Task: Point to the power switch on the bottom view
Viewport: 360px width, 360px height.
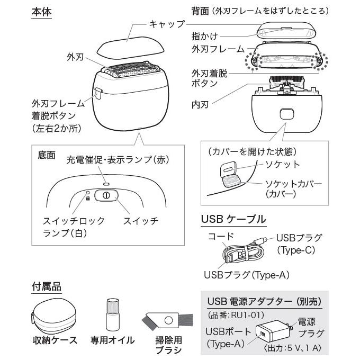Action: pyautogui.click(x=106, y=195)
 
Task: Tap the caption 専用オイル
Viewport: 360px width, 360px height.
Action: pyautogui.click(x=112, y=340)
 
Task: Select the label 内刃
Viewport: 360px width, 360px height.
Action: pyautogui.click(x=200, y=100)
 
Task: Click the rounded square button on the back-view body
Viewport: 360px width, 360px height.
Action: pyautogui.click(x=286, y=113)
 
